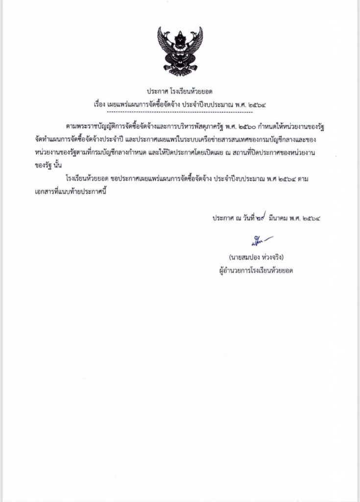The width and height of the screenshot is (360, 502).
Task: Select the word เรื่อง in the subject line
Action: [100, 104]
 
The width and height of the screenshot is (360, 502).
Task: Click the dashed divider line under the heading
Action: [180, 112]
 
